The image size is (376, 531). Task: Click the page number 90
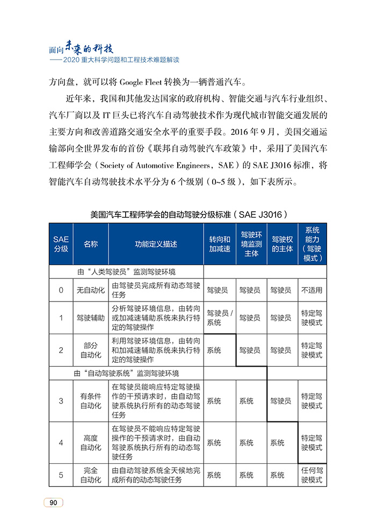coord(54,502)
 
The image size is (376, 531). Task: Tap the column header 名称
coord(91,243)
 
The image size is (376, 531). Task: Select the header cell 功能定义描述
coord(156,243)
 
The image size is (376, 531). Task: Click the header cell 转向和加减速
coord(220,243)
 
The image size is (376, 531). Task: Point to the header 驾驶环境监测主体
coord(251,243)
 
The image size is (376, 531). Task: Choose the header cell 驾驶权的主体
coord(283,243)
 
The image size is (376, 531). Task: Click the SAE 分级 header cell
coord(61,243)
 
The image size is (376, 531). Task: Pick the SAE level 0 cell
coord(61,290)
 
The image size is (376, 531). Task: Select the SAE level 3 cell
coord(61,401)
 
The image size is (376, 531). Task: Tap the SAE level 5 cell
coord(61,475)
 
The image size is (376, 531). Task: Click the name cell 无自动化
coord(91,290)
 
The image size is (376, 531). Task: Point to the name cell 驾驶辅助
coord(91,318)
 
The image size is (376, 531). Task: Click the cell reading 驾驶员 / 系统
coord(220,318)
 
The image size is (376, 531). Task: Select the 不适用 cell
coord(312,290)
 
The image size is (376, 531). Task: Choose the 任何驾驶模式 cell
coord(312,475)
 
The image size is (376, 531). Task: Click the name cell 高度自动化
coord(91,443)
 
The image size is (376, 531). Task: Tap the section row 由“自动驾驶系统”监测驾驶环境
coord(126,373)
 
